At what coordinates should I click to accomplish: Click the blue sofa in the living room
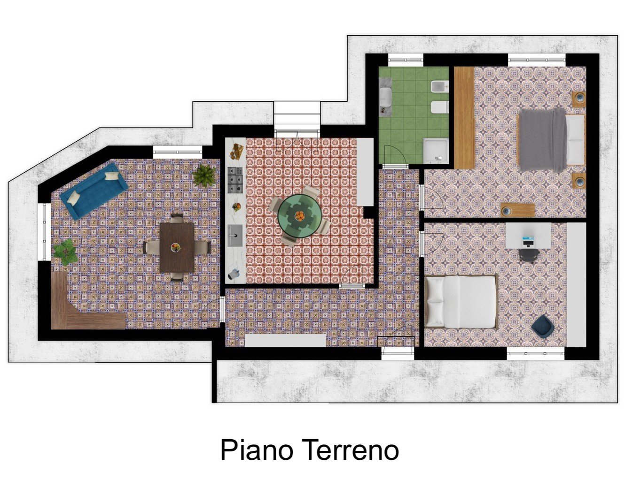pos(94,191)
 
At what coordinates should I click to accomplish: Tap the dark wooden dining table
pos(177,247)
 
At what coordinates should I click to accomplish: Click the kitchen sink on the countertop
pos(235,236)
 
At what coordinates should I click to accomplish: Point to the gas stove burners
pos(235,180)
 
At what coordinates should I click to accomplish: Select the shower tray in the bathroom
pos(436,150)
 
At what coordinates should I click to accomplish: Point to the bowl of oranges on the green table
pos(300,215)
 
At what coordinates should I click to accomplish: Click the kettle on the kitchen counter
pos(234,274)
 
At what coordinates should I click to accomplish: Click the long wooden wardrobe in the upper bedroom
pos(464,118)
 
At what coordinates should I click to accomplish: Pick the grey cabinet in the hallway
pos(285,340)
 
